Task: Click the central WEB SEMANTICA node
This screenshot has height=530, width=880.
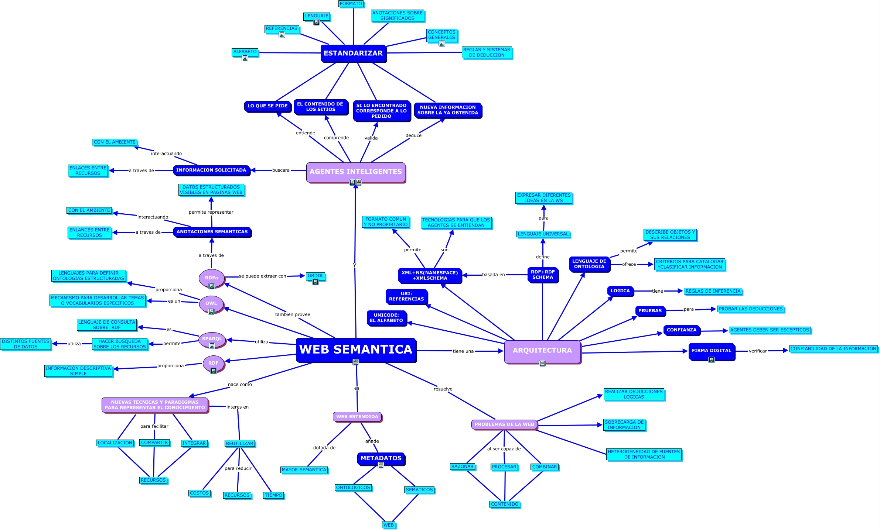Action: point(356,350)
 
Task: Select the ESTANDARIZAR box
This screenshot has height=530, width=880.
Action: point(353,54)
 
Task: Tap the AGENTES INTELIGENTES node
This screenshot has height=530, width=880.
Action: point(355,172)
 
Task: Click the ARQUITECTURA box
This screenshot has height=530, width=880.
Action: point(542,351)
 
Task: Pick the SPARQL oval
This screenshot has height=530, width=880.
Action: point(212,339)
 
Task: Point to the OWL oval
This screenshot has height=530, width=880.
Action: point(211,303)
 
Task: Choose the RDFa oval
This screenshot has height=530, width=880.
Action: point(211,278)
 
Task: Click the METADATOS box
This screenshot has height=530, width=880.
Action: point(381,458)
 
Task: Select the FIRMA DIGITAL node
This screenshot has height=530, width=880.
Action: point(711,351)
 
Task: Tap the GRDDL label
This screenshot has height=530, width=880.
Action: point(315,276)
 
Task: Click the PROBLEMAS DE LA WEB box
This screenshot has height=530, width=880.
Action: point(504,424)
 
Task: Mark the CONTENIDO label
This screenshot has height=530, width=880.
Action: point(505,504)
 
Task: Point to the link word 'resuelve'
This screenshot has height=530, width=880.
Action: point(443,389)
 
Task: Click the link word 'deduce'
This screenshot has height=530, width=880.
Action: point(413,135)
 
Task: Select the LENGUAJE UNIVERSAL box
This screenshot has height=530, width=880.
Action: point(543,234)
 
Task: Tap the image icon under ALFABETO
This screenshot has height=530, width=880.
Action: point(245,58)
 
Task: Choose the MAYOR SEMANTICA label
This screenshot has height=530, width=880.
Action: point(304,470)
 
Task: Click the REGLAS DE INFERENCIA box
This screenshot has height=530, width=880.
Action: point(713,291)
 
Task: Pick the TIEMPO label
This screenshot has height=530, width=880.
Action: point(273,495)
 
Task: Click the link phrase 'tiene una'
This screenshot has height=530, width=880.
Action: point(463,351)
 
